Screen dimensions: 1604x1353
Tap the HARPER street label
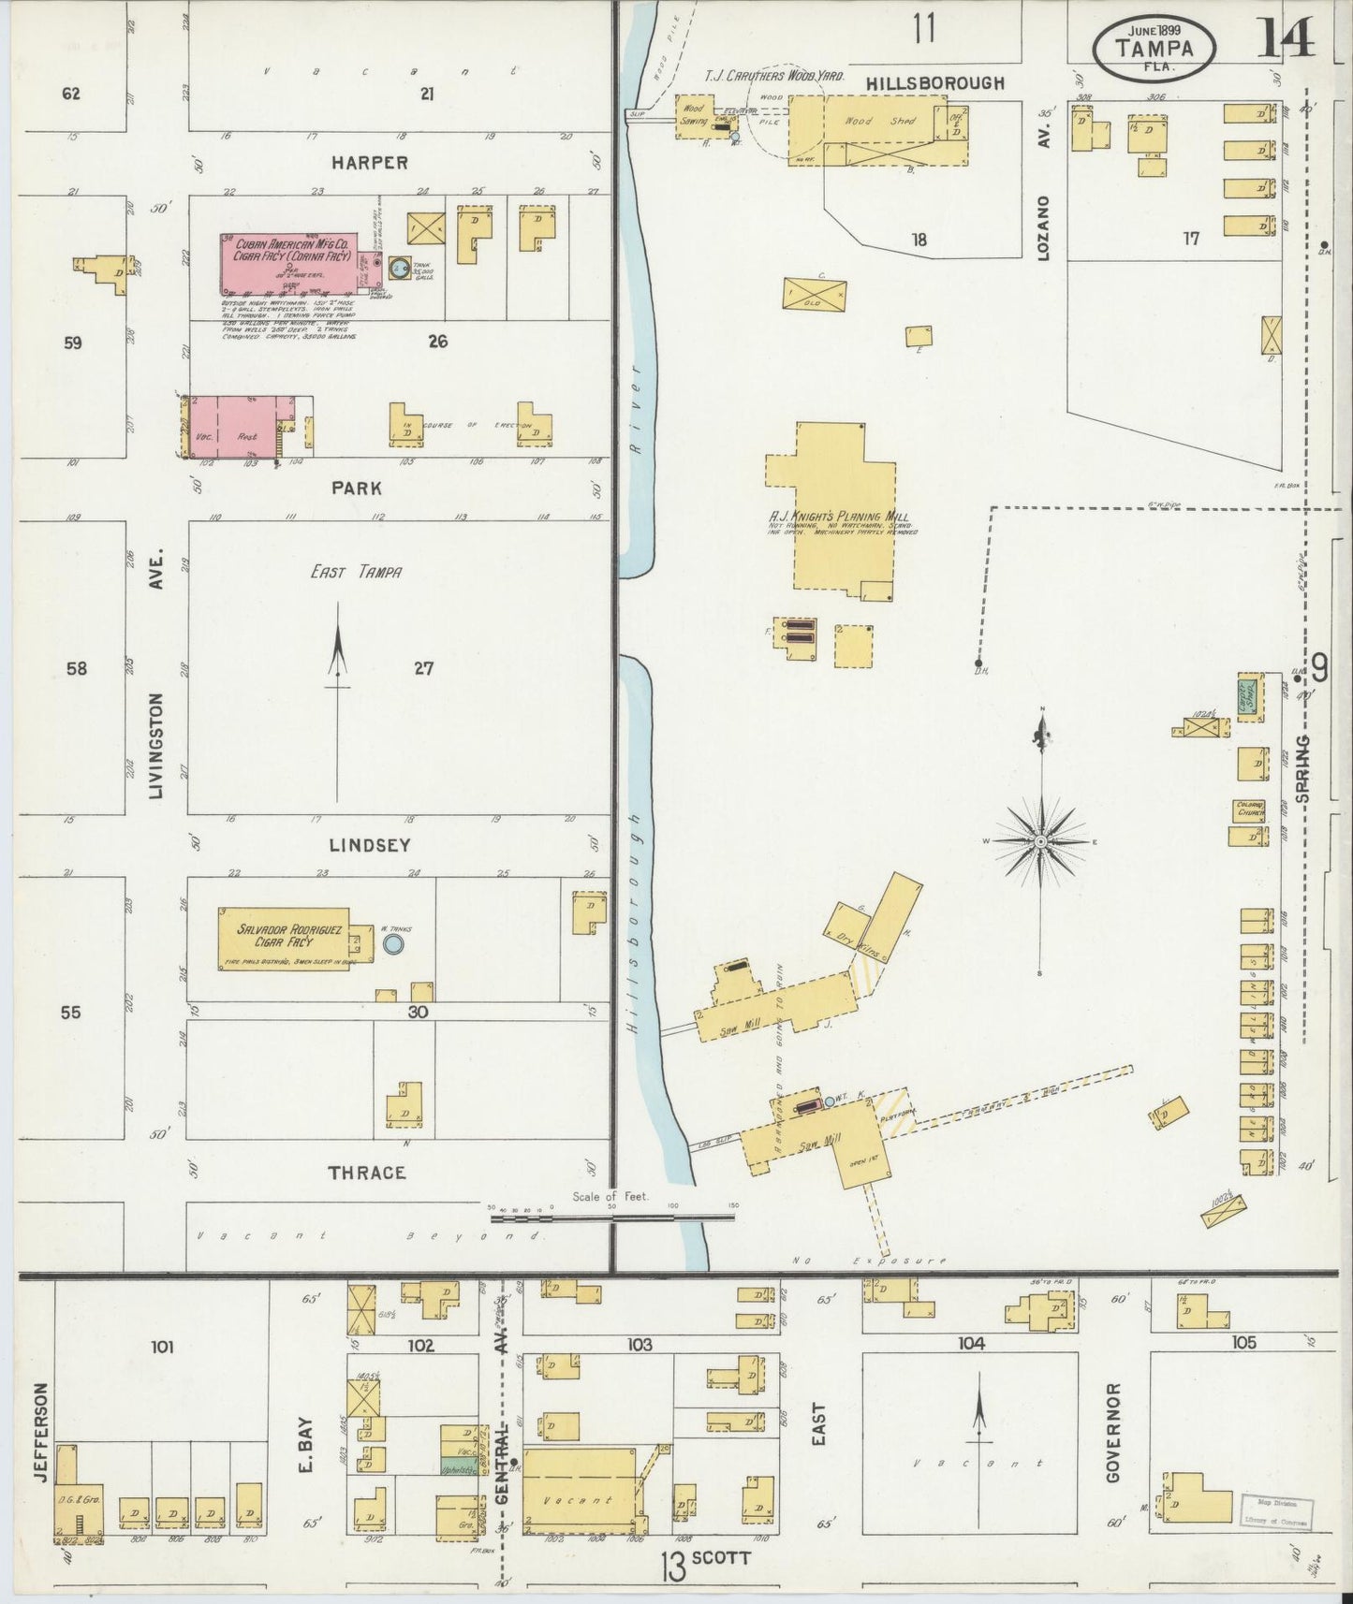coord(369,163)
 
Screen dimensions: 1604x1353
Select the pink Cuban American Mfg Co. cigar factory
coord(288,263)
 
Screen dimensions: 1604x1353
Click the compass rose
coord(1040,841)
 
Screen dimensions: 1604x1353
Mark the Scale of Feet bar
coord(612,1218)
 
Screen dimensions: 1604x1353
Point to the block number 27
coord(424,668)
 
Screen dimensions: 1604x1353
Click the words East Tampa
coord(356,572)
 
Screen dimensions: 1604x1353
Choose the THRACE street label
coord(367,1173)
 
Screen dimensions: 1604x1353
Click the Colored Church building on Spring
coord(1249,809)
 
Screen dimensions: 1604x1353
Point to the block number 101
coord(162,1347)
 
